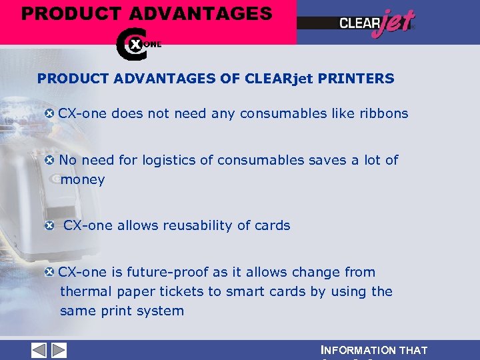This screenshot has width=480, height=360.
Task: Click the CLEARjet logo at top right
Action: point(377,24)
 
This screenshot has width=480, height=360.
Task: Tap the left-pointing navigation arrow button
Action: point(39,350)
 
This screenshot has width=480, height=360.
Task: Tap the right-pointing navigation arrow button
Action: point(59,350)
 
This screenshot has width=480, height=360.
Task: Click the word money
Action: point(83,180)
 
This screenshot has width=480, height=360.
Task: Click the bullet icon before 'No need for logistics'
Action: point(49,161)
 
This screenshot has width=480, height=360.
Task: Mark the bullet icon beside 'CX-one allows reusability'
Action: point(49,226)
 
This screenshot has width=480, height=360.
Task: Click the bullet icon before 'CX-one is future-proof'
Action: point(49,273)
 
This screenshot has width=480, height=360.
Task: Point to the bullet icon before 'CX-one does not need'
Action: point(49,113)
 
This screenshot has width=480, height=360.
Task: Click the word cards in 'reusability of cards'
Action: point(272,226)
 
